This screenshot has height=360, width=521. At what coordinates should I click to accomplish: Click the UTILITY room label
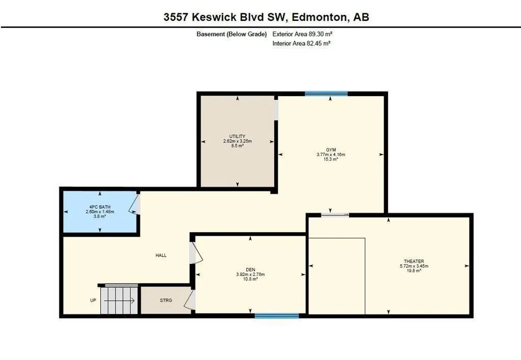click(x=237, y=136)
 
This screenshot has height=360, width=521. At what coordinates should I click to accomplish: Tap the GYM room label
click(x=331, y=150)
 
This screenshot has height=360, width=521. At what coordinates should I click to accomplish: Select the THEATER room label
click(x=414, y=261)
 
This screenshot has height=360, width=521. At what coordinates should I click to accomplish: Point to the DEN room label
click(x=250, y=269)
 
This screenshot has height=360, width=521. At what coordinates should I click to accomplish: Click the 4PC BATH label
click(x=100, y=207)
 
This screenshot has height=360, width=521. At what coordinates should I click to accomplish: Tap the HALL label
click(x=161, y=255)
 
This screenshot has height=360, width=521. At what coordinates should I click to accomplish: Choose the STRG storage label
click(x=166, y=300)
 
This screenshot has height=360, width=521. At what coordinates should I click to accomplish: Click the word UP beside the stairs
click(x=93, y=300)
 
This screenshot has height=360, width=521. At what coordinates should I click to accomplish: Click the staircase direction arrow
click(x=119, y=301)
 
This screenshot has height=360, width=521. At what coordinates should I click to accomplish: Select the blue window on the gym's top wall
click(x=326, y=94)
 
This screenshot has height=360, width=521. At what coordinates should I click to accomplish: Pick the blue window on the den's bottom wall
click(x=277, y=316)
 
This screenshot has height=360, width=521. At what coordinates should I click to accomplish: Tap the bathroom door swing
click(x=134, y=204)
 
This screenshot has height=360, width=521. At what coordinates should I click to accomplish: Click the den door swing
click(x=196, y=253)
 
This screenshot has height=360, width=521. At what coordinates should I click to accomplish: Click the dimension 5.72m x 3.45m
click(x=414, y=266)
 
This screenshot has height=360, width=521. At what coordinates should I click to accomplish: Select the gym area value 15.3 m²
click(x=331, y=159)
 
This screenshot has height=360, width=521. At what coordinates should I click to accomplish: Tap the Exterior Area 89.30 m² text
click(x=302, y=34)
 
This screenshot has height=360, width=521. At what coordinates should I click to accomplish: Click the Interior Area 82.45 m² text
click(x=301, y=43)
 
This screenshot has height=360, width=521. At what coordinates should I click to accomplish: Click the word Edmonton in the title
click(x=319, y=17)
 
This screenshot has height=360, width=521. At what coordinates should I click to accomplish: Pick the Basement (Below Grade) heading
click(x=231, y=34)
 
